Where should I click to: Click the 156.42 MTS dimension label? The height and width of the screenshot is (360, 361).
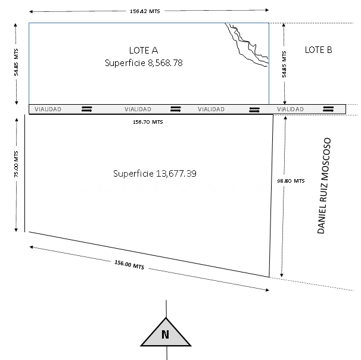point(145,11)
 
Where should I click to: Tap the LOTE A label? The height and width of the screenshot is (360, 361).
point(144,51)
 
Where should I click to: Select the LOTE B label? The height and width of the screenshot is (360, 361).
point(319,50)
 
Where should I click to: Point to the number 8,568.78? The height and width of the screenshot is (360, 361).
point(165,63)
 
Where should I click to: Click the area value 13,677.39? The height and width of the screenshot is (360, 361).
point(176,173)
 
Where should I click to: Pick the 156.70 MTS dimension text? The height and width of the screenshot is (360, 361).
point(148,122)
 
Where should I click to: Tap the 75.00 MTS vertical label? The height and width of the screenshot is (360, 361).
point(16,164)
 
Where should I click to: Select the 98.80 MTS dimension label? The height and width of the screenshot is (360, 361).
point(291,181)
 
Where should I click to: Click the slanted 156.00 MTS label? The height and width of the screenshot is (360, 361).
point(129,265)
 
